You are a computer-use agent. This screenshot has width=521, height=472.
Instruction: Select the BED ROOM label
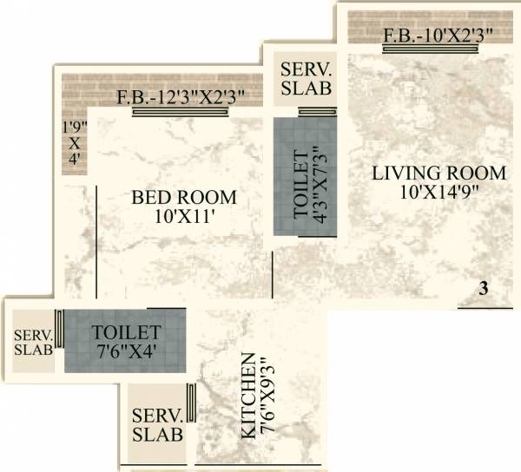183,198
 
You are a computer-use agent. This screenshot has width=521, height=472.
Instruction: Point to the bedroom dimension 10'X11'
183,217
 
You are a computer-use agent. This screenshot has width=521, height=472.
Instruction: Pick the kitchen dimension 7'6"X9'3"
267,395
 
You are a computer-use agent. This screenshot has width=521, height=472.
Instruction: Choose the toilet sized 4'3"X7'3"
300,177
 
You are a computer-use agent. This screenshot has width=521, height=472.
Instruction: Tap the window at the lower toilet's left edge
59,331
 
